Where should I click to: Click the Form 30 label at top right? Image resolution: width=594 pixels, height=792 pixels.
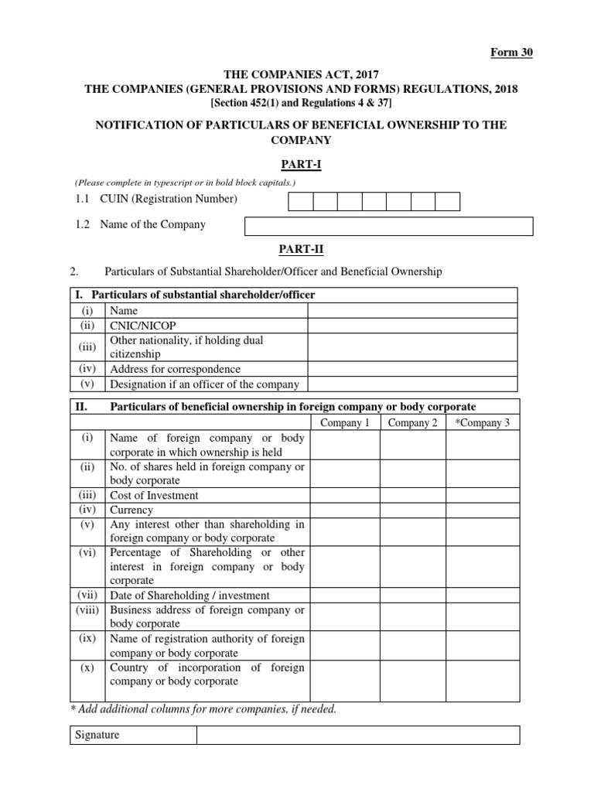pos(513,53)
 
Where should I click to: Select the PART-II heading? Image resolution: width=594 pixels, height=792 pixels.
pos(297,250)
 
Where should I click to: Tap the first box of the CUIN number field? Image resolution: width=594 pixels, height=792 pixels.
pos(301,201)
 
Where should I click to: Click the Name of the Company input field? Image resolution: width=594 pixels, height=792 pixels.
pos(389,226)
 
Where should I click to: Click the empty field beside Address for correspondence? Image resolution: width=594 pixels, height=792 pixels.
pos(413,369)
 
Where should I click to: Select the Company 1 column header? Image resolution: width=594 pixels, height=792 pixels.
pos(345,422)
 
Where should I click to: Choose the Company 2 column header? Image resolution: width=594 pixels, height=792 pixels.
pos(413,422)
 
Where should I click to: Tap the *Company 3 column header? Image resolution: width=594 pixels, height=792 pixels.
pos(483,422)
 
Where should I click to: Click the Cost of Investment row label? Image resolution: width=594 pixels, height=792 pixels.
pos(154,495)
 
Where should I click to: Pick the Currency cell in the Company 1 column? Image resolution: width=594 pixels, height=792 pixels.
pos(345,510)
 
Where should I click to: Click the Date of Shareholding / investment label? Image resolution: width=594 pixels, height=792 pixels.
pos(190,595)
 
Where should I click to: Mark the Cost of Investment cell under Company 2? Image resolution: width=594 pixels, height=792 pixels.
pos(413,495)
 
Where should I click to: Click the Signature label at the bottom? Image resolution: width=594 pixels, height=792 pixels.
pos(96,735)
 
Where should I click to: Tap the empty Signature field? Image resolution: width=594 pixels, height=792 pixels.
pos(358,735)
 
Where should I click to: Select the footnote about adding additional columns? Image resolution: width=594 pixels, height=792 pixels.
pos(203,708)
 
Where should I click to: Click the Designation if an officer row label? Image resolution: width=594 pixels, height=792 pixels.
pos(204,384)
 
